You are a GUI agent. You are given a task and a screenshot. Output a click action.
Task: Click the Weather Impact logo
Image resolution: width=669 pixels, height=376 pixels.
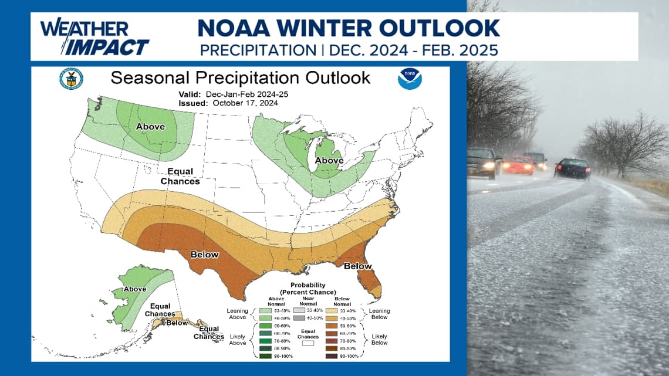tap(94, 38)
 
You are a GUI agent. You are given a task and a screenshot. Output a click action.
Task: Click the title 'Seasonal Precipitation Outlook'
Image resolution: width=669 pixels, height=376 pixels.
tap(241, 77)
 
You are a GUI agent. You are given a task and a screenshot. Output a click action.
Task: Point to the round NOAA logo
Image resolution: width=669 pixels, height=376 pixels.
tap(410, 79)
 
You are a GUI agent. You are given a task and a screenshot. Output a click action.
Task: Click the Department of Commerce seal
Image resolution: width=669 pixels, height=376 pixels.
tap(71, 79)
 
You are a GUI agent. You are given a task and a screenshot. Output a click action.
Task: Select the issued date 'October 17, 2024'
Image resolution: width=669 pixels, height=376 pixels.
tap(245, 103)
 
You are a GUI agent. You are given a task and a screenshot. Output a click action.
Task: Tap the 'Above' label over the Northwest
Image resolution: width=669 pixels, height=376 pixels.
tap(150, 127)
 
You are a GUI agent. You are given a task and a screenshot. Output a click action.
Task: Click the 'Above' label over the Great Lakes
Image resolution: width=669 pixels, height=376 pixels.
tap(329, 160)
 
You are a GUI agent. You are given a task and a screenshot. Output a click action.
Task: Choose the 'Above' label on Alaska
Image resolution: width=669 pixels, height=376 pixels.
tap(134, 289)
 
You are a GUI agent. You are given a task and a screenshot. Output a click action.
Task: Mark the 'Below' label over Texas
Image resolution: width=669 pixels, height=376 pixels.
tap(204, 255)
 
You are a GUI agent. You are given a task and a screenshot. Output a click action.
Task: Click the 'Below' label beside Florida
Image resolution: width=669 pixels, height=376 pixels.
tap(357, 266)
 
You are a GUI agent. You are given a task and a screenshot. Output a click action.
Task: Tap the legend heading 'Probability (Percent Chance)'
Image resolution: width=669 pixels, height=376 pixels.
tap(308, 289)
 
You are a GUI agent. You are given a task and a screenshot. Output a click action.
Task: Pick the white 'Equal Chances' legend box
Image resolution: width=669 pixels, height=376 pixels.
tap(308, 345)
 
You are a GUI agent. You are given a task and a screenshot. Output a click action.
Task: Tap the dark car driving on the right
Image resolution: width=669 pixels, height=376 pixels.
tap(572, 168)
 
